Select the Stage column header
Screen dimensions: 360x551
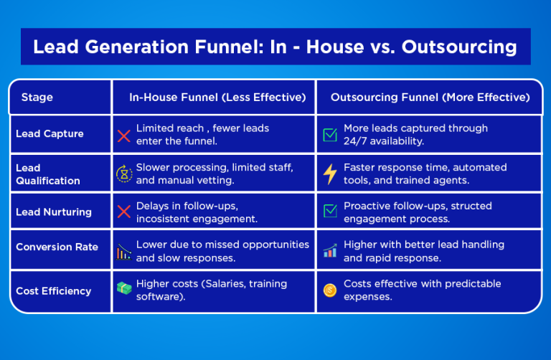(37, 98)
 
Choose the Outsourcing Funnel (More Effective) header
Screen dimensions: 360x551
(430, 98)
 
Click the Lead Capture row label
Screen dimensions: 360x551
(50, 134)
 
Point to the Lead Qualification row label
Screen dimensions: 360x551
(48, 174)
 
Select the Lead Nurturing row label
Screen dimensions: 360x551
(54, 212)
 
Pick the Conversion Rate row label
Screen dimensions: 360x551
(57, 247)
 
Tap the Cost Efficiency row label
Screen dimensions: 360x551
(53, 291)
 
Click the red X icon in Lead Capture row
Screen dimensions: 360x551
(124, 136)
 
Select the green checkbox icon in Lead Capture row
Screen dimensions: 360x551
(330, 136)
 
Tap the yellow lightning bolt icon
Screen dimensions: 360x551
(330, 174)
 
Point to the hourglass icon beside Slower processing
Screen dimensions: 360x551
(124, 174)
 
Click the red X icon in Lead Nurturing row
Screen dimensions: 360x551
(124, 212)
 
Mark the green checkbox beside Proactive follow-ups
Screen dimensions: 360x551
(330, 212)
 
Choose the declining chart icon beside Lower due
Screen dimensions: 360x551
(124, 252)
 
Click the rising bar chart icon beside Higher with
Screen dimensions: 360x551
(330, 252)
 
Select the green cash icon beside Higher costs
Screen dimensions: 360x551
(124, 290)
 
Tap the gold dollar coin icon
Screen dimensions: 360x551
(330, 290)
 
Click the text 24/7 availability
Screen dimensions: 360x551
(384, 141)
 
